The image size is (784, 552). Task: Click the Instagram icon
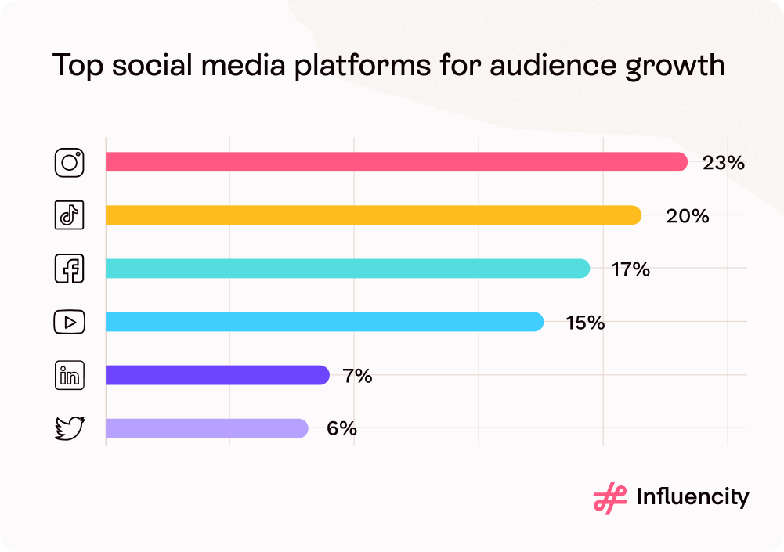(69, 162)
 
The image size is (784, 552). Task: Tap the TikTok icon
(69, 215)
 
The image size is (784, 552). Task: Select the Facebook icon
(69, 269)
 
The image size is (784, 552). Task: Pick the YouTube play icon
(69, 322)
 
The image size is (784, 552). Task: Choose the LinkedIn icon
(69, 375)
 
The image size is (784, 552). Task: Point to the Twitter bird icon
(69, 428)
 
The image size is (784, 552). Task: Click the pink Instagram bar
(396, 162)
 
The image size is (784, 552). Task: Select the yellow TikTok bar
(373, 215)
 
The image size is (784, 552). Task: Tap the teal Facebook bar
(347, 269)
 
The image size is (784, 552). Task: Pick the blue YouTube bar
(324, 322)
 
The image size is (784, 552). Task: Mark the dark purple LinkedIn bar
(217, 375)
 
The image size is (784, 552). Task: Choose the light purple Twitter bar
(207, 428)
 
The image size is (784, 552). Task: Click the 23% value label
(723, 163)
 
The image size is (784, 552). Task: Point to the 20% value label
(687, 216)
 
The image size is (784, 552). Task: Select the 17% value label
(630, 269)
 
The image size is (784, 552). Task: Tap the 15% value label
(585, 323)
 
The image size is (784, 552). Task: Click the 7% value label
(357, 376)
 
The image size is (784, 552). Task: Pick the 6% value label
(342, 429)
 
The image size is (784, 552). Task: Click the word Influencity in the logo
(692, 497)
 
